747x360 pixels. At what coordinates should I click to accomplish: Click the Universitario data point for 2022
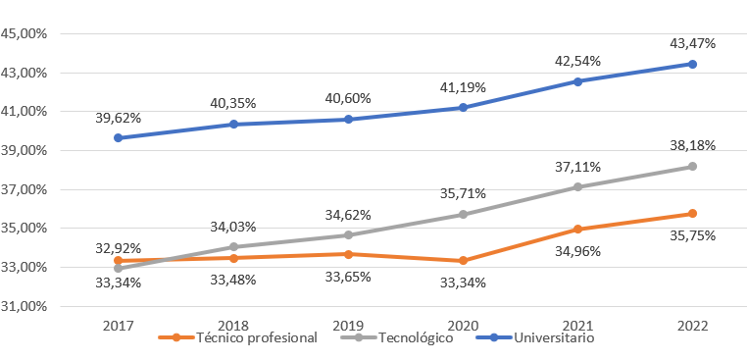tap(692, 64)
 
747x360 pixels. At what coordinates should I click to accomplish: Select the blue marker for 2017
tap(119, 138)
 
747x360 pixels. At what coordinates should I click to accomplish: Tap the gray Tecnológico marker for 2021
tap(577, 187)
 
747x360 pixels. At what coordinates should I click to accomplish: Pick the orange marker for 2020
tap(463, 261)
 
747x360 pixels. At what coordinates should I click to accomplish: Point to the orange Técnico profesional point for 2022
tap(692, 214)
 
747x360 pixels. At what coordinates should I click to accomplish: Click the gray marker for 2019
tap(348, 235)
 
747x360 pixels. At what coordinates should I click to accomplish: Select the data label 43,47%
tap(692, 43)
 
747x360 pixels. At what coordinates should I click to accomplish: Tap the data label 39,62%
tap(119, 118)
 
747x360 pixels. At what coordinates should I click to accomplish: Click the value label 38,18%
tap(692, 145)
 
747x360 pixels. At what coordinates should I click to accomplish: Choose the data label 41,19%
tap(463, 87)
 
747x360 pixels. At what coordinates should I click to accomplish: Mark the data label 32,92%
tap(119, 248)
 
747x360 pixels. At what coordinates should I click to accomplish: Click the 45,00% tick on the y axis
tap(26, 33)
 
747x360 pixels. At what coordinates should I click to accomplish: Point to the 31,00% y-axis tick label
tap(26, 306)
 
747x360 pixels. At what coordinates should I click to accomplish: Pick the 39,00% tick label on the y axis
tap(26, 150)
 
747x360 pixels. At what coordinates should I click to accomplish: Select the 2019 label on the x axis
tap(348, 324)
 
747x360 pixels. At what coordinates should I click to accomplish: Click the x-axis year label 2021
tap(577, 324)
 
